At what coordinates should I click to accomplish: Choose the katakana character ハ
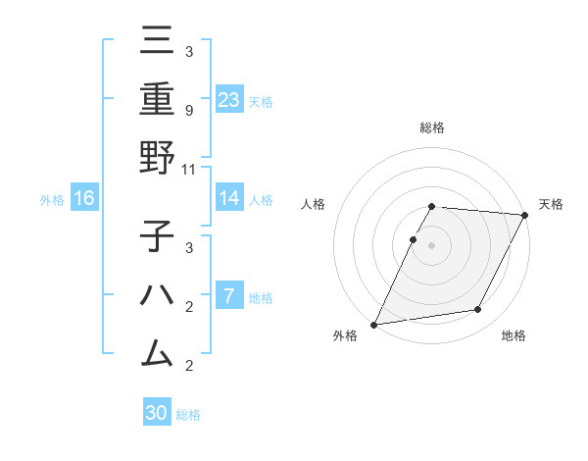(x=157, y=295)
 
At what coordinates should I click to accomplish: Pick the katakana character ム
(x=157, y=352)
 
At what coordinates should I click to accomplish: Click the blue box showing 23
(x=229, y=99)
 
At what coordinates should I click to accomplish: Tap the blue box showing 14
(x=229, y=198)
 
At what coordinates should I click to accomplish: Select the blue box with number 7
(x=229, y=295)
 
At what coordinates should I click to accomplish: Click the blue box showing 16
(x=84, y=198)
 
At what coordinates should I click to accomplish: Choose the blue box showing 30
(x=157, y=413)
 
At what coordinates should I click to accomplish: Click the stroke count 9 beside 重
(x=188, y=110)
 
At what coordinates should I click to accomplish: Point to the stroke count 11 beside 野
(x=189, y=169)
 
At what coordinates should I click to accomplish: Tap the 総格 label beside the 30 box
(x=188, y=415)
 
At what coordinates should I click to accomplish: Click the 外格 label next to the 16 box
(x=52, y=200)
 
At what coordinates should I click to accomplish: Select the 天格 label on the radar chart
(x=551, y=204)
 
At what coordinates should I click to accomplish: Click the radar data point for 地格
(x=478, y=310)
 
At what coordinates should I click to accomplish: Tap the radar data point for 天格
(x=526, y=215)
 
